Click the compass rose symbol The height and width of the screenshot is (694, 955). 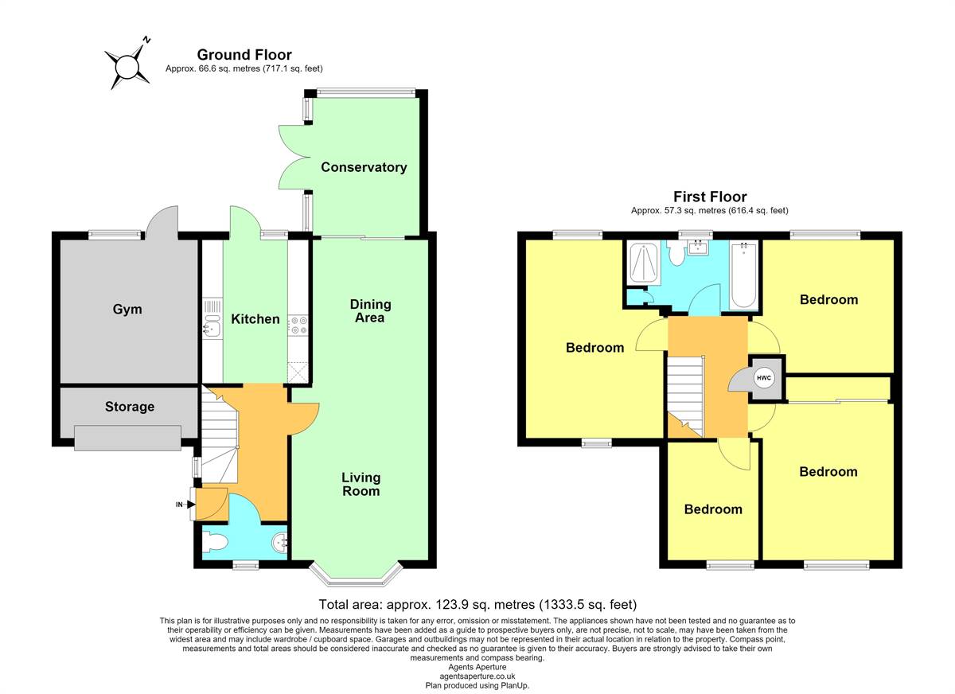[x=127, y=68]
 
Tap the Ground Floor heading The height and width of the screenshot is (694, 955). [x=244, y=55]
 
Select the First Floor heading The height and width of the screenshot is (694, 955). [x=710, y=197]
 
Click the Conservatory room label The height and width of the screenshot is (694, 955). [x=364, y=167]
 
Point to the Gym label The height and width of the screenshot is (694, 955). [x=127, y=309]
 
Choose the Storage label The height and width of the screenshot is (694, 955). [x=130, y=407]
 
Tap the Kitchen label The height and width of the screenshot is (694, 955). [x=255, y=319]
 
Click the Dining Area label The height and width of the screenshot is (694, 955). [x=370, y=310]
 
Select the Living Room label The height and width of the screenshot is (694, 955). [x=361, y=484]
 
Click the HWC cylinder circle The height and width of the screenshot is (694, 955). [x=763, y=378]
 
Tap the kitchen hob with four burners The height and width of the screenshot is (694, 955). [x=298, y=326]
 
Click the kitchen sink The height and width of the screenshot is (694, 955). [x=212, y=327]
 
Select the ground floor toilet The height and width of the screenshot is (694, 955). [x=216, y=544]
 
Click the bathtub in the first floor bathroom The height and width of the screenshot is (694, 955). [x=743, y=275]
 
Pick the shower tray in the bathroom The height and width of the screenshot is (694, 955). [x=643, y=263]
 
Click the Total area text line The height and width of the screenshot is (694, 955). [x=477, y=605]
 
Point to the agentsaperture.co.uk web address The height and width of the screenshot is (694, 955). [x=477, y=676]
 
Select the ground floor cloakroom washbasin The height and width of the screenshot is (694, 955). [x=279, y=543]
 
